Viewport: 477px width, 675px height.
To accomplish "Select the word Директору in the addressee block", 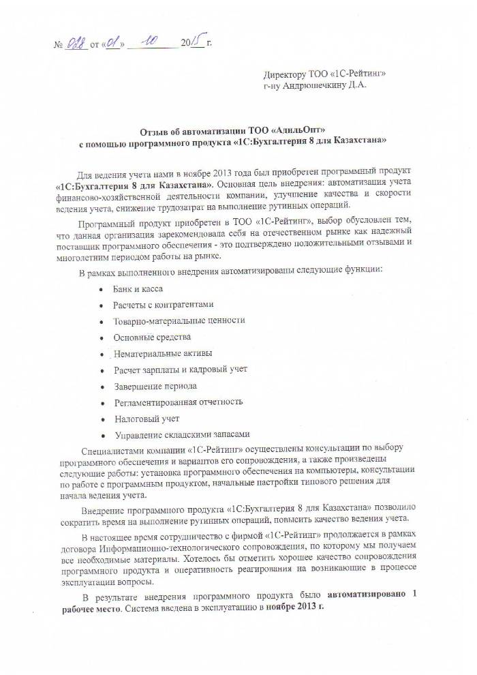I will pyautogui.click(x=286, y=74).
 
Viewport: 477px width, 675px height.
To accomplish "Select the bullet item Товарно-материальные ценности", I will pyautogui.click(x=179, y=320).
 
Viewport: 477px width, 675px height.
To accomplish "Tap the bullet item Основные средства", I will pyautogui.click(x=152, y=337).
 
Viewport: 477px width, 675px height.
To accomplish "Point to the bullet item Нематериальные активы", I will pyautogui.click(x=163, y=353).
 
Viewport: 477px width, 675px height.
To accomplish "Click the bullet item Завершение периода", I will pyautogui.click(x=156, y=386).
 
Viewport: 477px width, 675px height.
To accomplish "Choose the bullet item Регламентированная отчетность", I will pyautogui.click(x=178, y=402).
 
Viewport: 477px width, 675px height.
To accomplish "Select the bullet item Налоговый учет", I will pyautogui.click(x=147, y=419).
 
